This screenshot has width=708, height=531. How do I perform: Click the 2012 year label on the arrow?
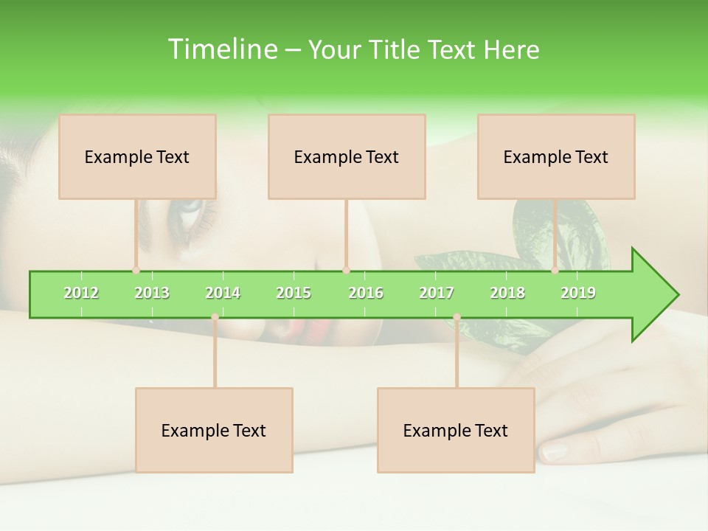pyautogui.click(x=81, y=293)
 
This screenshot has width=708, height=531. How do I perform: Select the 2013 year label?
pyautogui.click(x=152, y=293)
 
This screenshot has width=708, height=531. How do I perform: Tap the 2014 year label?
pyautogui.click(x=223, y=293)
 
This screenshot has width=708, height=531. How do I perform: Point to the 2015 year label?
pyautogui.click(x=294, y=293)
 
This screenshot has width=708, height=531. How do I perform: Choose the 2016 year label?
pyautogui.click(x=366, y=293)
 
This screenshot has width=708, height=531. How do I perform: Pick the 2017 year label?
pyautogui.click(x=437, y=293)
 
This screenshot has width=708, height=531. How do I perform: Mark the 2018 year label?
pyautogui.click(x=507, y=293)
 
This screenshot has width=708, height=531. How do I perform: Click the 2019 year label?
pyautogui.click(x=578, y=293)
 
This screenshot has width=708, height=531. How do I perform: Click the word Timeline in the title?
pyautogui.click(x=221, y=49)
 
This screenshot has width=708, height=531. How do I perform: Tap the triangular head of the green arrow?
pyautogui.click(x=653, y=295)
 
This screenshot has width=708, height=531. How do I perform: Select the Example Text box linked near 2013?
pyautogui.click(x=137, y=156)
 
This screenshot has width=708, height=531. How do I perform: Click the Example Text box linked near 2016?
pyautogui.click(x=347, y=156)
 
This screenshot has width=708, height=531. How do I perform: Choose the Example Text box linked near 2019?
pyautogui.click(x=556, y=156)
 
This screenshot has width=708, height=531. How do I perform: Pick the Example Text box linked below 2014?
pyautogui.click(x=214, y=430)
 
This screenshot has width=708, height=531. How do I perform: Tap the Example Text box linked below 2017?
pyautogui.click(x=456, y=430)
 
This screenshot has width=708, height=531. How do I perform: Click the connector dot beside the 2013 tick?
pyautogui.click(x=136, y=271)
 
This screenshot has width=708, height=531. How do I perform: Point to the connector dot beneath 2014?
pyautogui.click(x=215, y=317)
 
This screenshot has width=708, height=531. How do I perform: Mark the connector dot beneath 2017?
pyautogui.click(x=457, y=317)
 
